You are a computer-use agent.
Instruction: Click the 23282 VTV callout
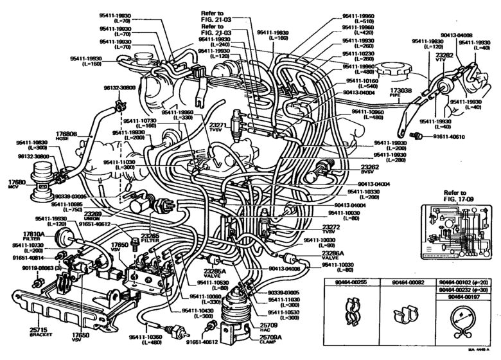point(444,57)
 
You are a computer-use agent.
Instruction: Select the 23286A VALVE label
point(332,256)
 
